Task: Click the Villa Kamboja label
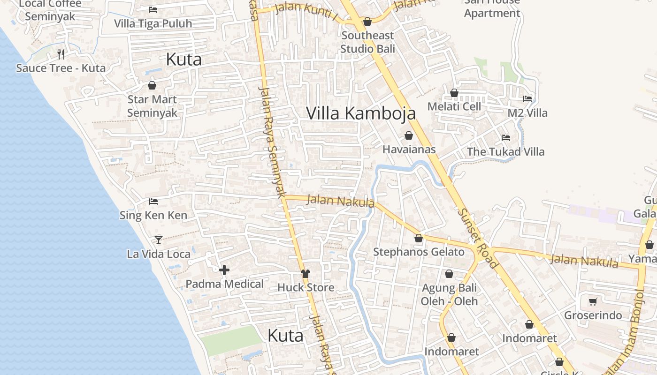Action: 361,113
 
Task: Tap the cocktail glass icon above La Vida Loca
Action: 159,240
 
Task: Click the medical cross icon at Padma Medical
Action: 224,270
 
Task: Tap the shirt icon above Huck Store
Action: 306,274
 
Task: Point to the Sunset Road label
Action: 477,239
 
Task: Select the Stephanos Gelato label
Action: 419,252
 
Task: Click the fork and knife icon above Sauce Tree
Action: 61,54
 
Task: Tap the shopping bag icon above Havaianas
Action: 409,135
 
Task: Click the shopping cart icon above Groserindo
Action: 593,301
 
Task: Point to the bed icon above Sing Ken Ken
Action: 153,202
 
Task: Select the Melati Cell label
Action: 454,106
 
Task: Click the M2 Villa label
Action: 527,113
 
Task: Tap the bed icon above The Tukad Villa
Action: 505,138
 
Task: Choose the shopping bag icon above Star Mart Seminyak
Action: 152,85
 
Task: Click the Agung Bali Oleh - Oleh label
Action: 449,294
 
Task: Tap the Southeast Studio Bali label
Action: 367,42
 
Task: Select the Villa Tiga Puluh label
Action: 153,23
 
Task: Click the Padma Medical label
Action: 224,284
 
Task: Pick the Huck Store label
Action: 306,287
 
